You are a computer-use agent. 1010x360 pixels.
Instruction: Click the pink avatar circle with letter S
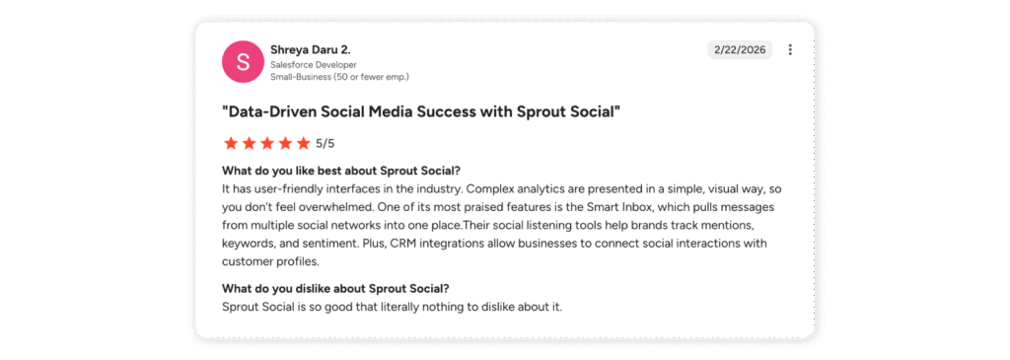tap(243, 61)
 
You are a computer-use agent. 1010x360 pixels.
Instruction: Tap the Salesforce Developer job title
tap(307, 64)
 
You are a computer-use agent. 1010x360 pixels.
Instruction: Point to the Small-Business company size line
tap(339, 76)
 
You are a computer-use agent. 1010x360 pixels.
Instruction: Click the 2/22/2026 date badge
tap(739, 50)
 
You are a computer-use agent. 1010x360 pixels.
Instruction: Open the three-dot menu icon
tap(790, 50)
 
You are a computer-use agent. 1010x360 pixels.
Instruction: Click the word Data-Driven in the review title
tap(279, 110)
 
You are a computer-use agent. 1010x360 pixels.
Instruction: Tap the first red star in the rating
tap(232, 143)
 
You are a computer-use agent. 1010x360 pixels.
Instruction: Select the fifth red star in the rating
tap(304, 143)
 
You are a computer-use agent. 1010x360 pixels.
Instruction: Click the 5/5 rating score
tap(325, 143)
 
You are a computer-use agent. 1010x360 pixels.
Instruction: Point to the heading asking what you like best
tap(341, 170)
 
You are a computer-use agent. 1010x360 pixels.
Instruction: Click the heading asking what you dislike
tap(335, 288)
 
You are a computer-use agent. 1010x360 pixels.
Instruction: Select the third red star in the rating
tap(268, 143)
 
